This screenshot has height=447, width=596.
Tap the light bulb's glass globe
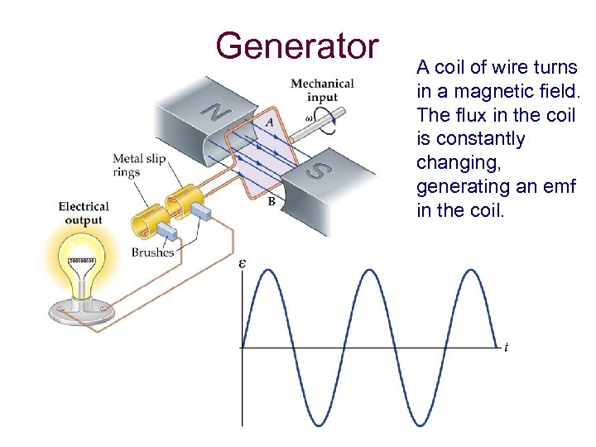(x=80, y=261)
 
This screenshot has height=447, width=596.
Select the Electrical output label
(x=84, y=213)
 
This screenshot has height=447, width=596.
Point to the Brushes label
(x=152, y=252)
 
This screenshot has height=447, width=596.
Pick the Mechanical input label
(x=322, y=89)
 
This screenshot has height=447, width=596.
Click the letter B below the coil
(x=271, y=201)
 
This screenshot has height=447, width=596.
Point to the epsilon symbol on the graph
(x=242, y=264)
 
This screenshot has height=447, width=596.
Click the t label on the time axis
(x=506, y=347)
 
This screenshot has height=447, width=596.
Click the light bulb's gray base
(x=80, y=310)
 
